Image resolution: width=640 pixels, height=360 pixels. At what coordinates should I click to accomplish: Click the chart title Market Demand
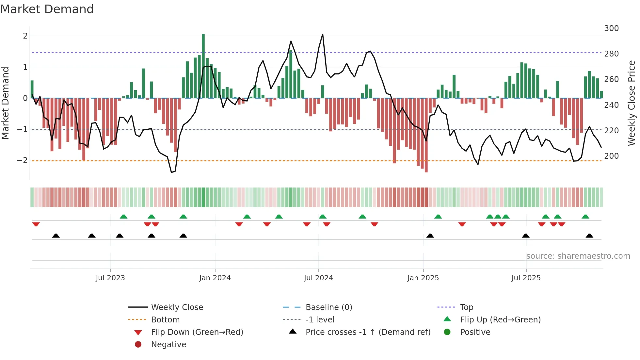[47, 9]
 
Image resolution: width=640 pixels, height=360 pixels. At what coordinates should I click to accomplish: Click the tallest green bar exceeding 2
[203, 65]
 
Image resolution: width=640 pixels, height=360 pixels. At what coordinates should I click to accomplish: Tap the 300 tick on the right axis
[611, 28]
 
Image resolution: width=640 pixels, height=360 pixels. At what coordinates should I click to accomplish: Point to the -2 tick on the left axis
[22, 160]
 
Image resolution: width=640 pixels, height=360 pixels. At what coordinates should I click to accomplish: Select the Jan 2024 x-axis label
[215, 278]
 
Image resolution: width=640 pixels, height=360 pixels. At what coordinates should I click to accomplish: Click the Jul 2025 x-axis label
[526, 278]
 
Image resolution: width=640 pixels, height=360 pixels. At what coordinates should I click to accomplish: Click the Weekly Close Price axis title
[632, 103]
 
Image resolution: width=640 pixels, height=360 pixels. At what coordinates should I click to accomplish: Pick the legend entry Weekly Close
[177, 307]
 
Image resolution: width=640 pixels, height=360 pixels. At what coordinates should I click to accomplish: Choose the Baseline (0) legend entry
[328, 307]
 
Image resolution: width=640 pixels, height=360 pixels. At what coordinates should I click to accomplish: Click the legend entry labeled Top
[466, 307]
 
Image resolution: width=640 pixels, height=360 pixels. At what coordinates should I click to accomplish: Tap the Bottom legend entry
[165, 320]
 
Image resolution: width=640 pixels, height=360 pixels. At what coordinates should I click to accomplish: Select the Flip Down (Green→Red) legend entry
[197, 332]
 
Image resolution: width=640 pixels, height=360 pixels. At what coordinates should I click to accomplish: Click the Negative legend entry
[168, 345]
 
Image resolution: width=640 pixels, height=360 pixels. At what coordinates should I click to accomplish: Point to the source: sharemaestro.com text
[578, 256]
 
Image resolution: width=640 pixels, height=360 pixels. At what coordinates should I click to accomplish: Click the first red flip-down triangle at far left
[36, 224]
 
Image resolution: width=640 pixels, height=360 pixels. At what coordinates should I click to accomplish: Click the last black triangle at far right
[589, 236]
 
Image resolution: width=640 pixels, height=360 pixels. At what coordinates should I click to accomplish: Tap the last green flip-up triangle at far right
[585, 217]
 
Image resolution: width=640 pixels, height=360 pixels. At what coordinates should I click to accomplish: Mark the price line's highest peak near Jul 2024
[323, 34]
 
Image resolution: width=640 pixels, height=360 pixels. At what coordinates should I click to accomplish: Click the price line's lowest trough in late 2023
[172, 172]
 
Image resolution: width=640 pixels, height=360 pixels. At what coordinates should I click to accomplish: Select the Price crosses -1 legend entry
[368, 332]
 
